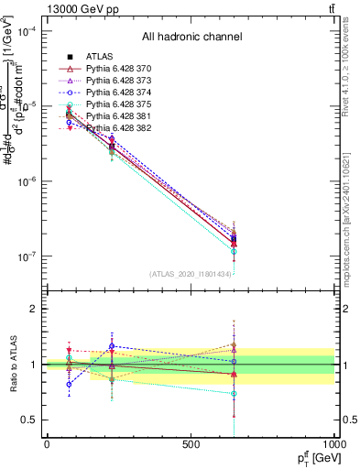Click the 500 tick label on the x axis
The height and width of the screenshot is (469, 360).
click(x=191, y=445)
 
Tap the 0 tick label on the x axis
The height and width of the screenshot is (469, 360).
click(x=47, y=445)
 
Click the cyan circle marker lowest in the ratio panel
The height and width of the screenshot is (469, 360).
click(x=235, y=394)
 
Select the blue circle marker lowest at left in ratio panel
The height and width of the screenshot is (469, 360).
click(x=70, y=384)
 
